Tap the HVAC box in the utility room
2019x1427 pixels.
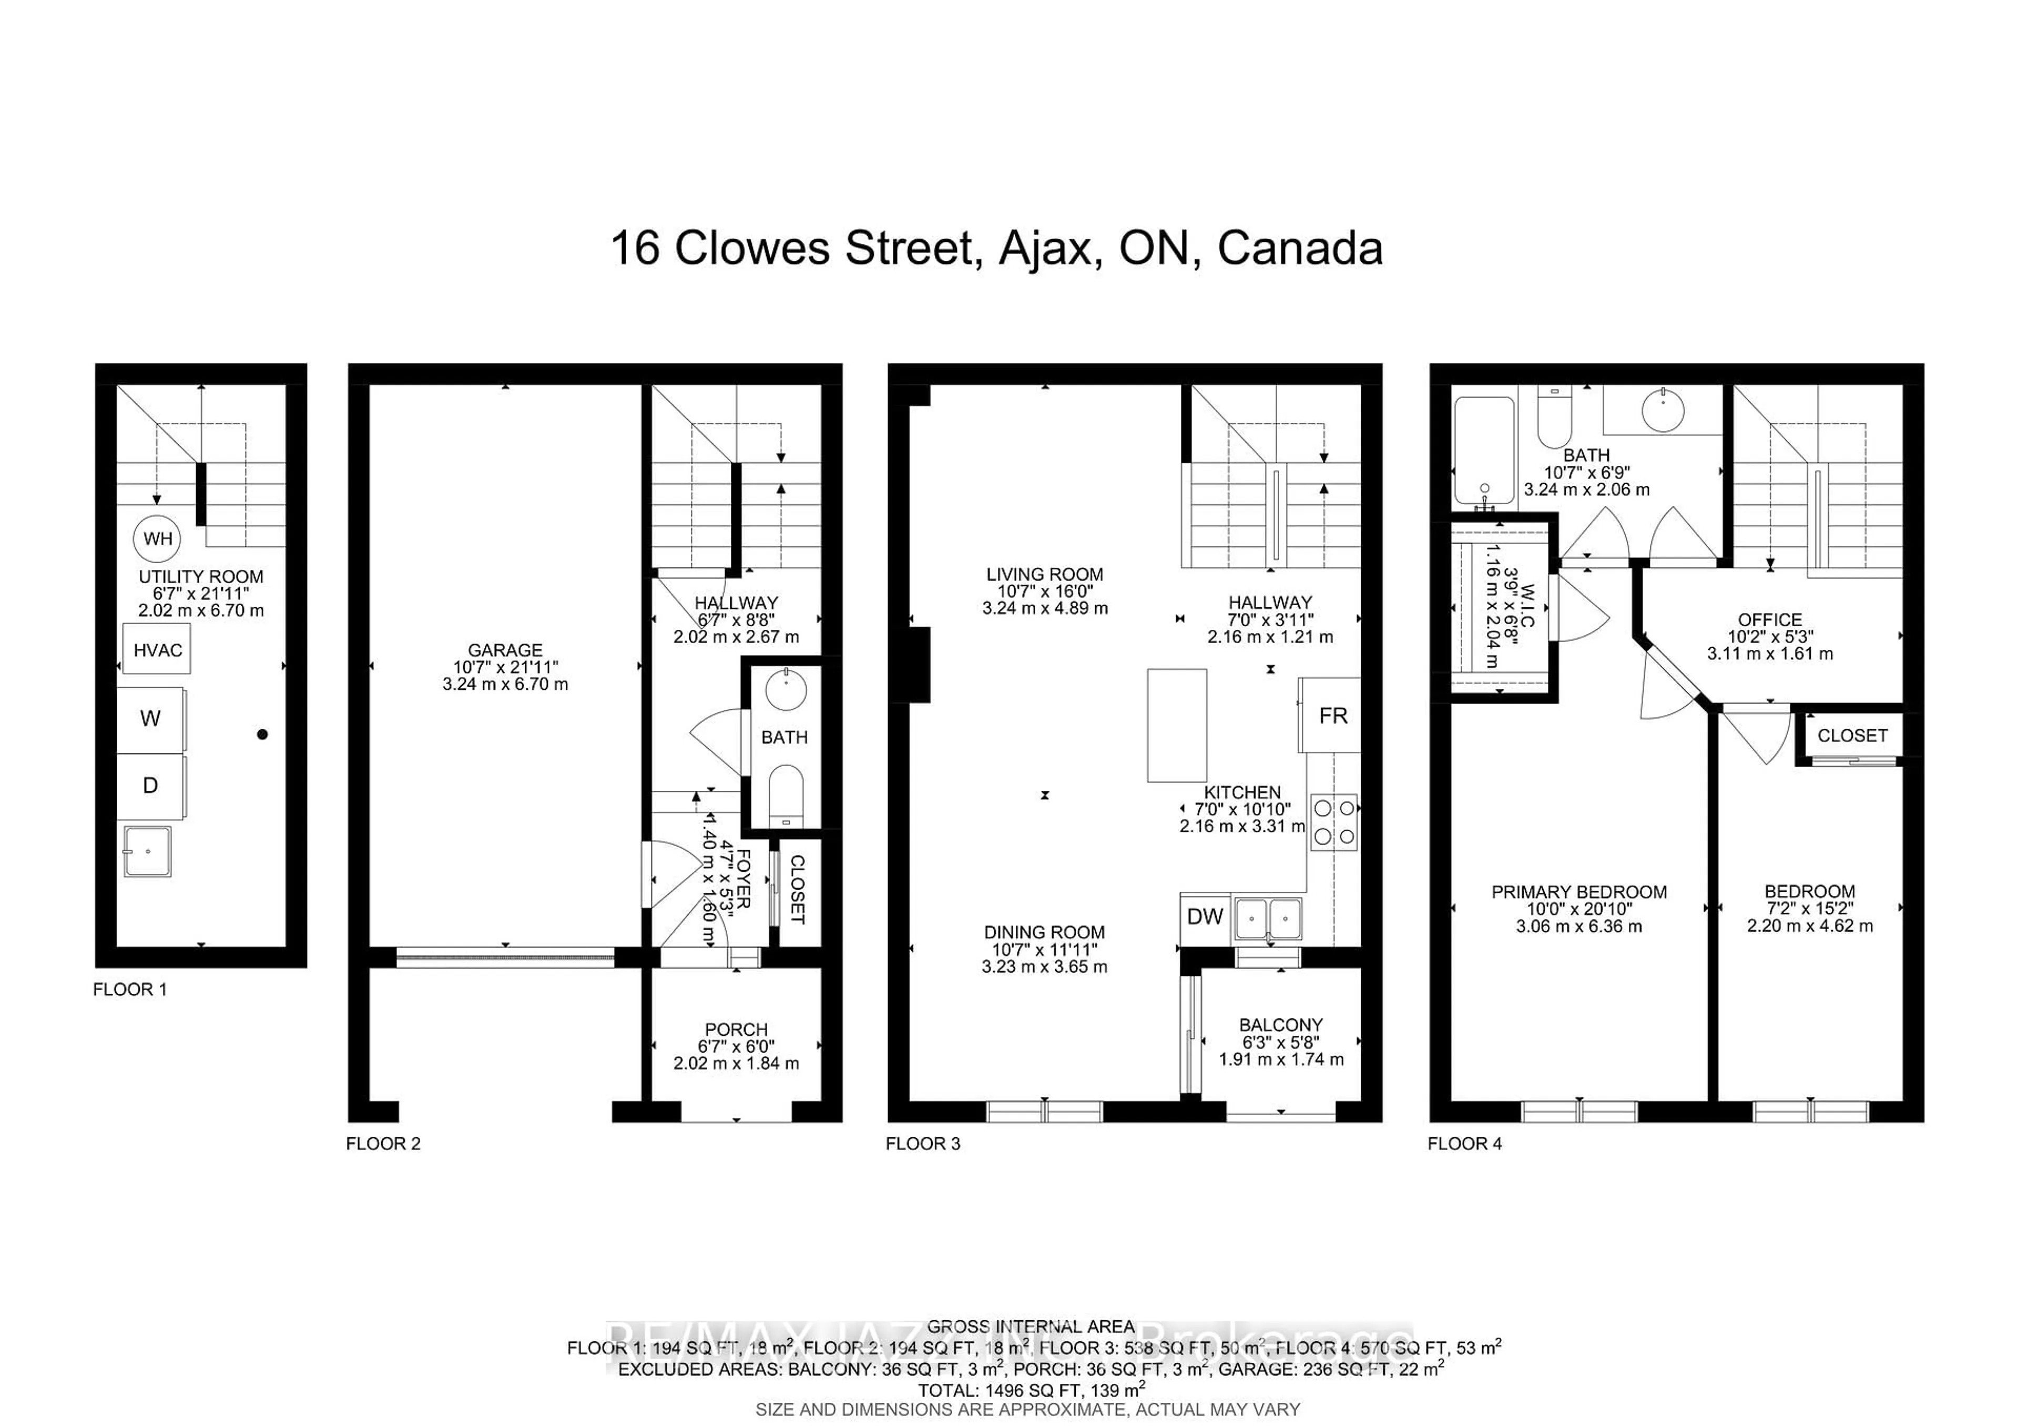point(157,650)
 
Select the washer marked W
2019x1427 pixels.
point(150,719)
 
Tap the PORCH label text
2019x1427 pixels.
point(736,1028)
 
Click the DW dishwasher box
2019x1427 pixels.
point(1205,916)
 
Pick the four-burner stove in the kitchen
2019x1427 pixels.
point(1334,822)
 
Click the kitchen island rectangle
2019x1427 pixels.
point(1177,726)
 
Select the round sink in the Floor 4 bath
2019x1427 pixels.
point(1663,411)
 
